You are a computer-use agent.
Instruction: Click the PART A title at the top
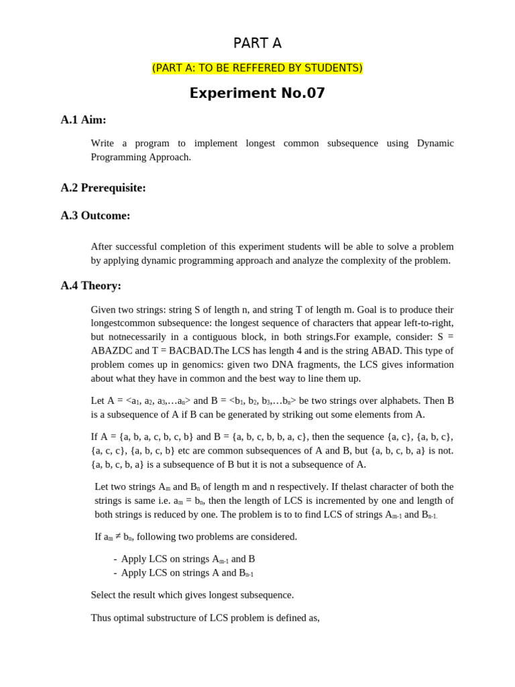click(x=257, y=44)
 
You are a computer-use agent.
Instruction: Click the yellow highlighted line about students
click(x=257, y=68)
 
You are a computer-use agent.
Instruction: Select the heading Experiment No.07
click(x=257, y=93)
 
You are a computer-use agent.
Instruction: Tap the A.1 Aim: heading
click(x=83, y=119)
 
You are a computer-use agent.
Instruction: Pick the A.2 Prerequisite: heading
click(x=103, y=188)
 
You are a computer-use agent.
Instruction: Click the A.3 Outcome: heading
click(x=95, y=215)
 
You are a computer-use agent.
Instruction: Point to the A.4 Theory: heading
click(x=91, y=285)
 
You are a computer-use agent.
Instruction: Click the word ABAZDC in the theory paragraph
click(x=111, y=350)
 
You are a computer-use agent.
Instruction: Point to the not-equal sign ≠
click(x=118, y=536)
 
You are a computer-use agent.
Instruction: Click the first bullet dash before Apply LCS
click(x=115, y=559)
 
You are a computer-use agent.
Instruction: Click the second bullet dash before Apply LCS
click(x=115, y=573)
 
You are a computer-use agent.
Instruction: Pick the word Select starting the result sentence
click(x=105, y=594)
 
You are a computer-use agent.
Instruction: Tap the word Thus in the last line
click(x=102, y=617)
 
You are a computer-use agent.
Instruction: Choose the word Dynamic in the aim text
click(x=435, y=143)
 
